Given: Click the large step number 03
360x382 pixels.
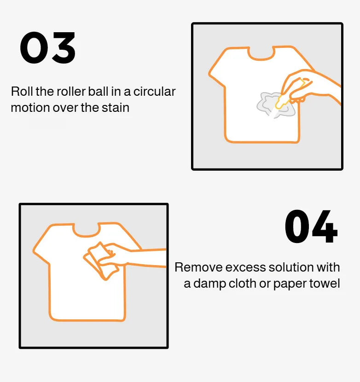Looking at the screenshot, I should click(48, 48).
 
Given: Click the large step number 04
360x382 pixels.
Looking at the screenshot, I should click(311, 227).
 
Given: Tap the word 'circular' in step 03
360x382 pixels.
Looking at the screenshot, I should click(154, 91).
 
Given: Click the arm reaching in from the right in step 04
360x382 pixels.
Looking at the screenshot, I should click(147, 258).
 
